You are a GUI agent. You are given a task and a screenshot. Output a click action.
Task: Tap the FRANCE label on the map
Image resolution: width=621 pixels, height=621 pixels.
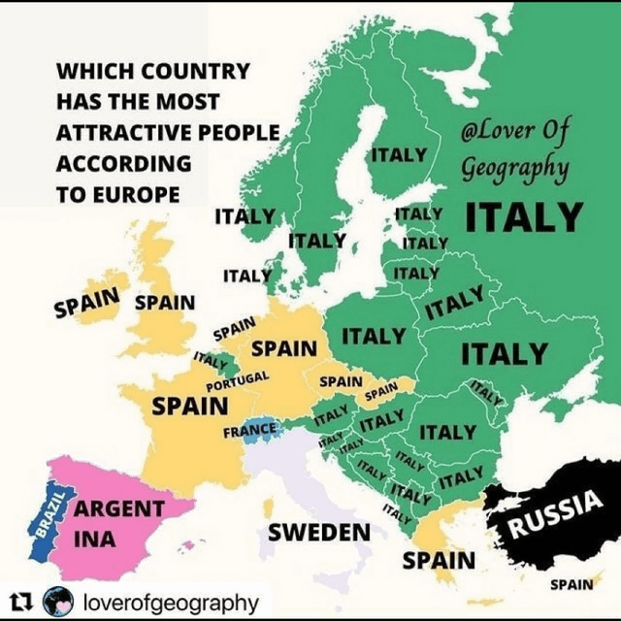250,429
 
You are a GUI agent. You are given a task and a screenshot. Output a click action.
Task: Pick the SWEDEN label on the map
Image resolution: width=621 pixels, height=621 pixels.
319,532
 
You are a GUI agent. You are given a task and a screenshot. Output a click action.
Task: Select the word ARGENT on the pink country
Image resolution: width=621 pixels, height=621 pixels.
119,508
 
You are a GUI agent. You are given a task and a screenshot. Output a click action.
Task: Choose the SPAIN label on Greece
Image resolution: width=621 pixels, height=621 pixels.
439,561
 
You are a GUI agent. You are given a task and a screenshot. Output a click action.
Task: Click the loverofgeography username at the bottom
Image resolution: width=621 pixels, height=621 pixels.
172,603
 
